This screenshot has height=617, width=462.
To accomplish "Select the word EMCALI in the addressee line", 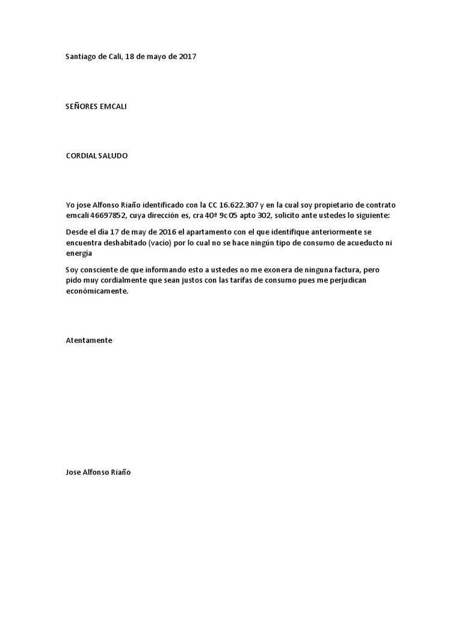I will tap(113, 107).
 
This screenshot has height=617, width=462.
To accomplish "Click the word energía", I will tap(79, 253).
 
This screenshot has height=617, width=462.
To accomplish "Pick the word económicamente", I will tap(97, 290).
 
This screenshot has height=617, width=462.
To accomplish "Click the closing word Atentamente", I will tap(89, 340).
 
